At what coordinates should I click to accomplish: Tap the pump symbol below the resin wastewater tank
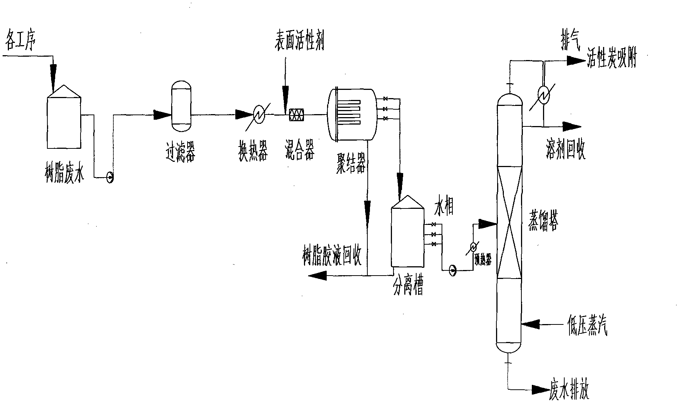click(x=110, y=178)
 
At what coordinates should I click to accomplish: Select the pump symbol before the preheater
click(x=453, y=270)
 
